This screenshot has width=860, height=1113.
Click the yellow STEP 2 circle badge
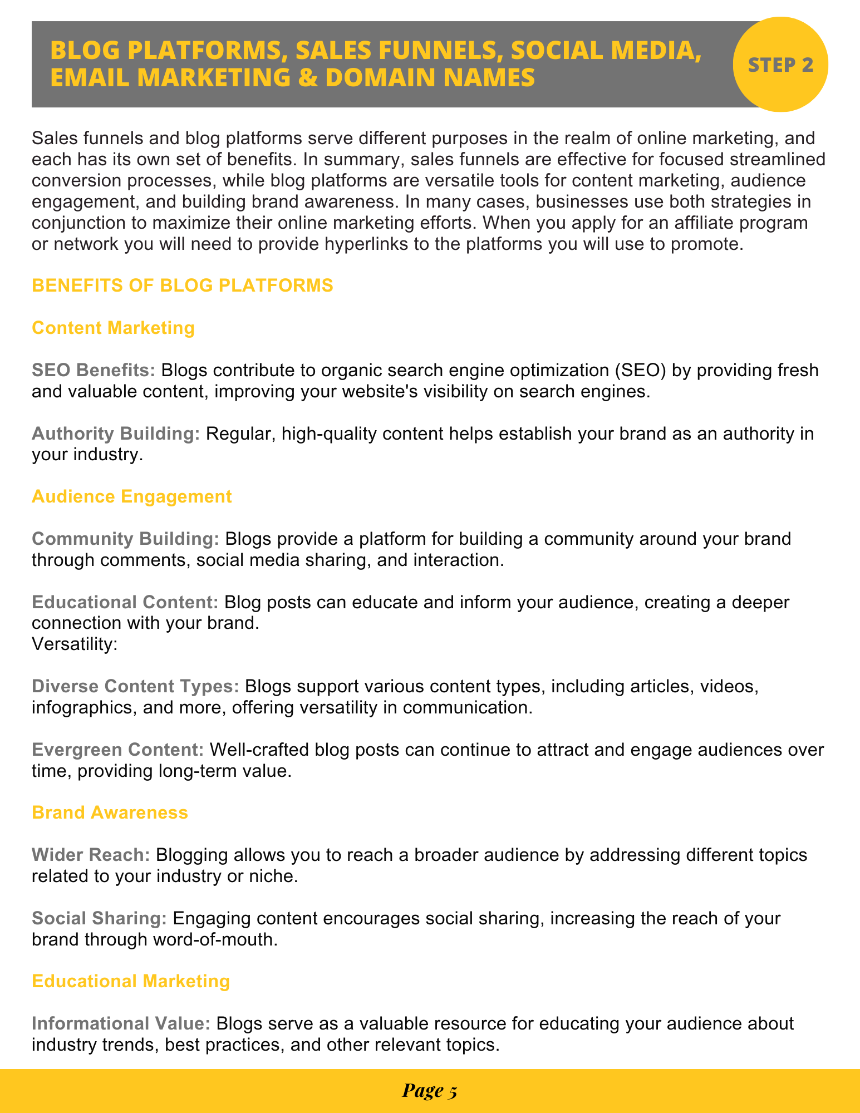point(780,65)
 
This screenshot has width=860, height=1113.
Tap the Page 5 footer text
point(429,1091)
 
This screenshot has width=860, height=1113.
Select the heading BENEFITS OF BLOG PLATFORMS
point(183,285)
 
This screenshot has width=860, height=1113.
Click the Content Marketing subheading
point(113,328)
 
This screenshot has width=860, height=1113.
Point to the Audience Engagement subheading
point(131,496)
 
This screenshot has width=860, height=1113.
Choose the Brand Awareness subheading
point(110,812)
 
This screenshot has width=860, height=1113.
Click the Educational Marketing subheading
point(131,981)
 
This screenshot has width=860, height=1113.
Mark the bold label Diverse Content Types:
point(135,686)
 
